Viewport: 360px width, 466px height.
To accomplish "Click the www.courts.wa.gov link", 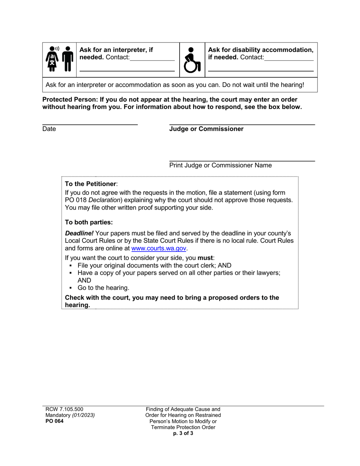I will pos(159,249).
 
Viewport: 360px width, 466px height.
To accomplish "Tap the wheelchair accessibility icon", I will pos(192,60).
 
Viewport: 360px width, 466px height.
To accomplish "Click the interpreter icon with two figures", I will pos(59,59).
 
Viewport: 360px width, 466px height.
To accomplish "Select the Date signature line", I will pos(90,124).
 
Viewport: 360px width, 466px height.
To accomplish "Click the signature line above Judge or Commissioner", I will pos(242,124).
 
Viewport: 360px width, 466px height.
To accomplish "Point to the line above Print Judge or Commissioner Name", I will pos(242,161).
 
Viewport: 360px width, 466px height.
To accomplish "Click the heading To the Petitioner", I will pos(91,184).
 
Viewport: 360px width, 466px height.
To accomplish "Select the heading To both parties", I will pos(89,222).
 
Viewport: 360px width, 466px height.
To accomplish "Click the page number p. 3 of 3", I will pos(183,433).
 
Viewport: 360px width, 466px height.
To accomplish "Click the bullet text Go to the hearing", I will pos(103,288).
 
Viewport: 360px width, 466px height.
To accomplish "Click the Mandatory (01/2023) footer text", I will pos(68,415).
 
